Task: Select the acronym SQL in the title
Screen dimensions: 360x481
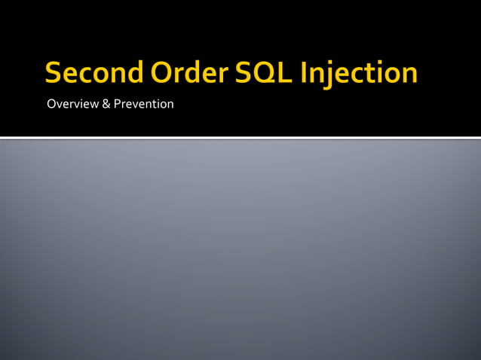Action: pyautogui.click(x=257, y=74)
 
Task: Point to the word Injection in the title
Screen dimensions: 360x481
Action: pyautogui.click(x=359, y=74)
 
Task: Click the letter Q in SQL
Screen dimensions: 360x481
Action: pyautogui.click(x=258, y=74)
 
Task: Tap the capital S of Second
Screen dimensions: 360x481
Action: pyautogui.click(x=53, y=74)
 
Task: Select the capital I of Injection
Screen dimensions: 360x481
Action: pyautogui.click(x=305, y=74)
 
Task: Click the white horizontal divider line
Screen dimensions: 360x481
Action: pyautogui.click(x=240, y=138)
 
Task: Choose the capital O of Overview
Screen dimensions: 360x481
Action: pyautogui.click(x=51, y=104)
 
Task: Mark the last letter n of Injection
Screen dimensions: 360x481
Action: pyautogui.click(x=409, y=75)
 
